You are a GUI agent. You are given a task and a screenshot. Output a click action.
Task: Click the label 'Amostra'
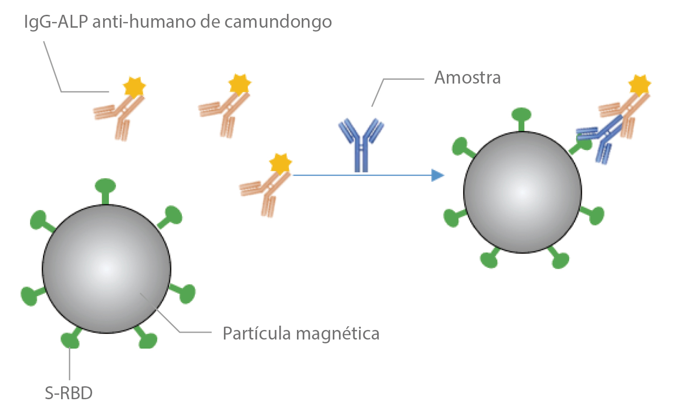coord(467,77)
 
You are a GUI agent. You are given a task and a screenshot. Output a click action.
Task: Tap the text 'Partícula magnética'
coord(301,333)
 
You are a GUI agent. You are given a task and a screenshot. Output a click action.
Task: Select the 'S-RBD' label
coord(69,393)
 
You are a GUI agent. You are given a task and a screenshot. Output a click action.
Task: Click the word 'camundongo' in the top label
coord(278,22)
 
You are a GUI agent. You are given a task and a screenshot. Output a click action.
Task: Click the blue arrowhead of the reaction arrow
coord(437,175)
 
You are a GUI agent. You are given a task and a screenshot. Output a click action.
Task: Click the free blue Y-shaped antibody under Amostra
coord(361,143)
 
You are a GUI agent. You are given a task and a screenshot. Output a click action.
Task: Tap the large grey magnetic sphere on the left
coord(106,269)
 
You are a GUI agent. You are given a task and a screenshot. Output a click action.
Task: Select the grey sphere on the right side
coord(522,192)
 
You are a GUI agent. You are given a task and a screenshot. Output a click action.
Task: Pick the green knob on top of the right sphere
coord(521,115)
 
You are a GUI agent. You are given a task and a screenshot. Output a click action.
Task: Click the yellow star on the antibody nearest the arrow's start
coord(280,163)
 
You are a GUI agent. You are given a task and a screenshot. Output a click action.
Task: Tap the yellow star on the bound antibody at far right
coord(640,85)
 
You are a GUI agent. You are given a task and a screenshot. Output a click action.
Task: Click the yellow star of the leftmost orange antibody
coord(134,86)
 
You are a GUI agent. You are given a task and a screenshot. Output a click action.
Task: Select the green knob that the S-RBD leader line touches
coord(70,340)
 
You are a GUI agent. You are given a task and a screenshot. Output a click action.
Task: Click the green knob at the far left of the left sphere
coord(30,296)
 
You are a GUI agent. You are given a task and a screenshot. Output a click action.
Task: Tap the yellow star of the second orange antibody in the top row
coord(239,84)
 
